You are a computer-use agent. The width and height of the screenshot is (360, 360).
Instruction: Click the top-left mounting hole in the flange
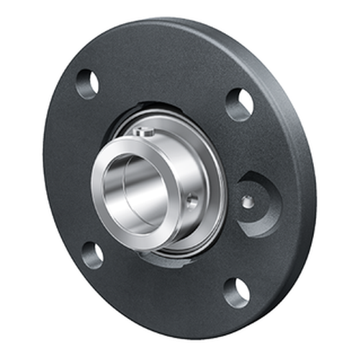[x=87, y=84]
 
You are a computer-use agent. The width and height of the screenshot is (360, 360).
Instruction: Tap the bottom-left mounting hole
[x=93, y=255]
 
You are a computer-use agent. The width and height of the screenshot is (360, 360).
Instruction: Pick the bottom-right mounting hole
[x=236, y=292]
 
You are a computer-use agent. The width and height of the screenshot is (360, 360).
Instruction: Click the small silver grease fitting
[x=247, y=202]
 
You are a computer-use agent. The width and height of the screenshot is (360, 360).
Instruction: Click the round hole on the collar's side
[x=192, y=203]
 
